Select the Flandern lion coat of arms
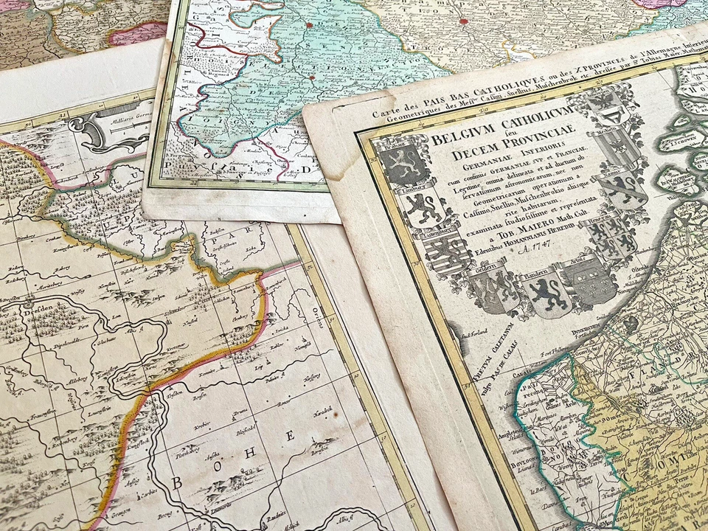[546, 293]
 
